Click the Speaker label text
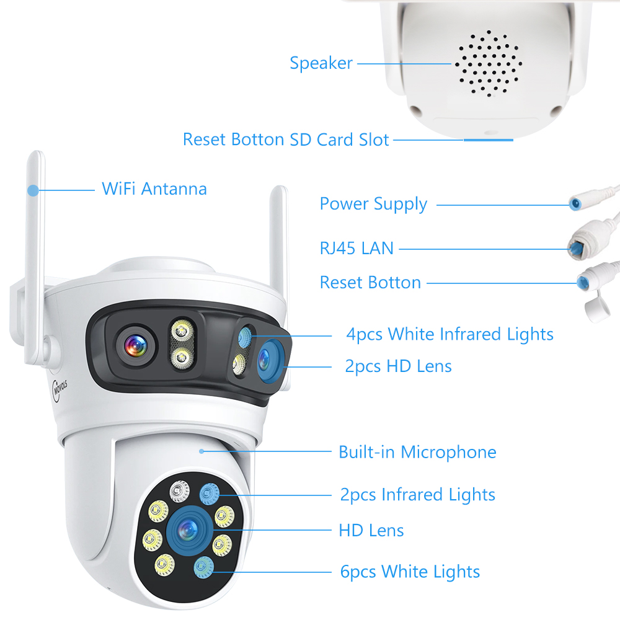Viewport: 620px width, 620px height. (x=321, y=63)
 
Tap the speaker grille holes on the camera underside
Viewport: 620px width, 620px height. (x=489, y=64)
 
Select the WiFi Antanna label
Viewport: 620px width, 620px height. (x=154, y=189)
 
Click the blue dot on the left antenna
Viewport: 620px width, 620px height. (x=33, y=190)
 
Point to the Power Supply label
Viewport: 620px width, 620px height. (x=373, y=205)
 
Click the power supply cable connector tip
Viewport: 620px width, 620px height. (x=575, y=203)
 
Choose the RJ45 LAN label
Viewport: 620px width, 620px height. (x=356, y=249)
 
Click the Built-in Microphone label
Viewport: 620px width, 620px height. (x=417, y=452)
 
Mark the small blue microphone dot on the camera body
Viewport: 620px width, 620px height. (x=201, y=451)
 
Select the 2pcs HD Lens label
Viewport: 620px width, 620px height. (x=398, y=366)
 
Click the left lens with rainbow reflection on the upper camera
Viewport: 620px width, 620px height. (x=136, y=347)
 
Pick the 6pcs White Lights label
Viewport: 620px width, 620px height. (x=410, y=572)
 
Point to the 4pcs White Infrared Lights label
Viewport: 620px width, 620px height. (x=449, y=334)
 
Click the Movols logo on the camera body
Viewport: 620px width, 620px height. (x=60, y=389)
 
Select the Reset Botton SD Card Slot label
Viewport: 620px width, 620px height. (x=286, y=139)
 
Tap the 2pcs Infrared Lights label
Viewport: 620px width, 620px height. (x=417, y=495)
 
